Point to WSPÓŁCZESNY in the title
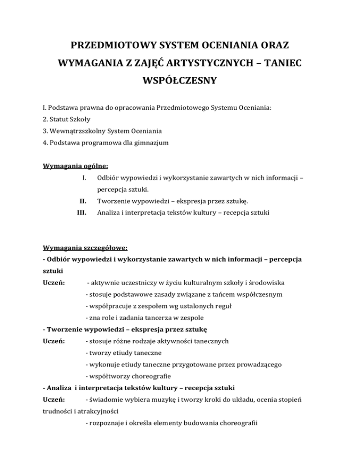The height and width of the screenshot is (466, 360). (x=180, y=81)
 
